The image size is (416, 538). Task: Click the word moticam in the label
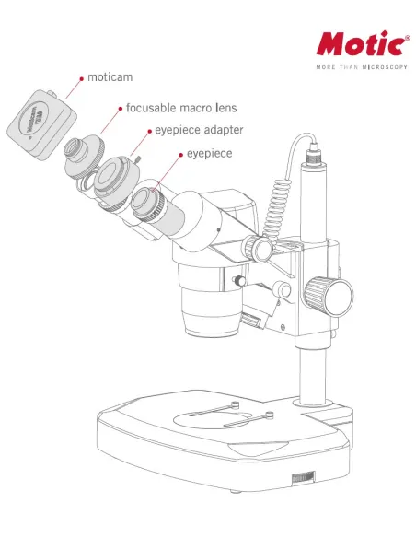pyautogui.click(x=110, y=77)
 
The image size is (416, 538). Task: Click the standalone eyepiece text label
pyautogui.click(x=209, y=154)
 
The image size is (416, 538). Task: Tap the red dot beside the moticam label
pyautogui.click(x=82, y=78)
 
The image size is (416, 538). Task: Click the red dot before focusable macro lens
pyautogui.click(x=120, y=108)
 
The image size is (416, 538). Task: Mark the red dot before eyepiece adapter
pyautogui.click(x=147, y=131)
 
